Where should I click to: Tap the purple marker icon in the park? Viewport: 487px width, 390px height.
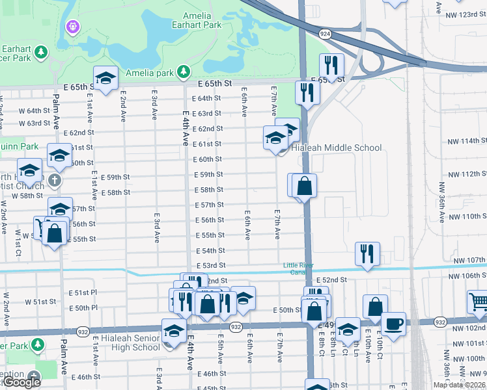pyautogui.click(x=72, y=27)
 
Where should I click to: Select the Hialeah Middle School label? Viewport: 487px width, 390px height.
pyautogui.click(x=336, y=148)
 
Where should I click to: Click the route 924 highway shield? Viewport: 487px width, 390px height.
pyautogui.click(x=325, y=32)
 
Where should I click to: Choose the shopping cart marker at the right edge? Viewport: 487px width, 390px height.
pyautogui.click(x=479, y=302)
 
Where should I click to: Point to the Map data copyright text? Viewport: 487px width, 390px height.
pyautogui.click(x=459, y=385)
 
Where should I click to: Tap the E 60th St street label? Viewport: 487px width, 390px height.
pyautogui.click(x=208, y=159)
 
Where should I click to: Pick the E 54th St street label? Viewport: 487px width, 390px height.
pyautogui.click(x=210, y=250)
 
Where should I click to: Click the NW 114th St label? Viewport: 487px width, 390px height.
pyautogui.click(x=467, y=141)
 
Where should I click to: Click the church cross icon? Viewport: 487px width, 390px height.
pyautogui.click(x=55, y=179)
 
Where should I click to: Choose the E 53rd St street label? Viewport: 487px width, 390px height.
pyautogui.click(x=210, y=265)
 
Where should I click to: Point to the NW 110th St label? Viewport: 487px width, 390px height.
pyautogui.click(x=467, y=216)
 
